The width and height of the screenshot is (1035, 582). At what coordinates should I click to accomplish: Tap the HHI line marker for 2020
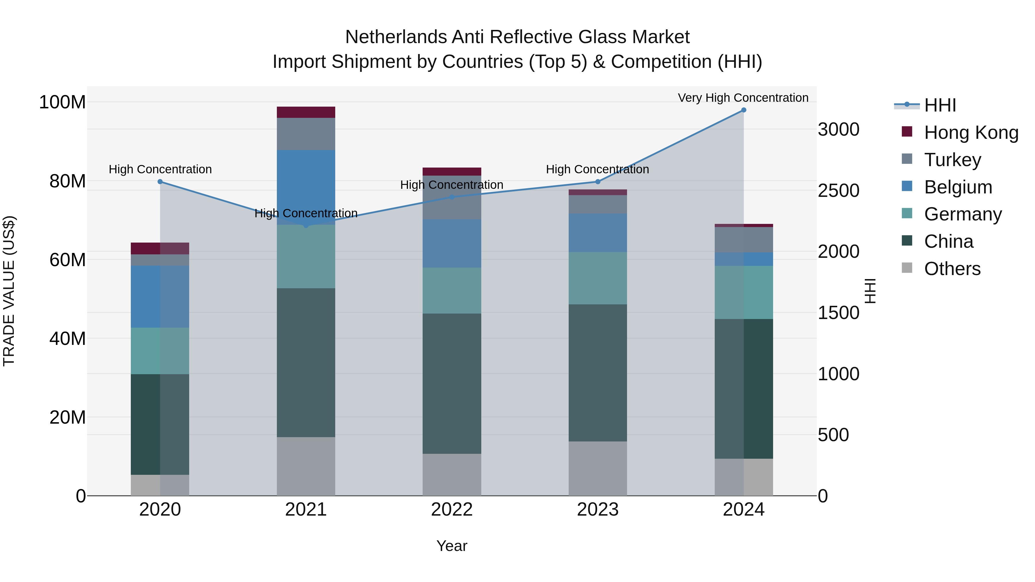(x=160, y=182)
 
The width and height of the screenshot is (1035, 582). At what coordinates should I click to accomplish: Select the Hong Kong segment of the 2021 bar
(x=306, y=112)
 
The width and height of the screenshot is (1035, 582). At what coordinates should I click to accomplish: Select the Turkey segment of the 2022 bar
(x=452, y=198)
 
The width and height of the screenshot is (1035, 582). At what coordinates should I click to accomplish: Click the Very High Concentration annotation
(x=743, y=98)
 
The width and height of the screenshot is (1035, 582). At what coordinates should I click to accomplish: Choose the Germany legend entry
(x=963, y=214)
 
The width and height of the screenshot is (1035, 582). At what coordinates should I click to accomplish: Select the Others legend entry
(x=952, y=269)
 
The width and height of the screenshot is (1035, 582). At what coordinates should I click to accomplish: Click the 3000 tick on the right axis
(x=839, y=130)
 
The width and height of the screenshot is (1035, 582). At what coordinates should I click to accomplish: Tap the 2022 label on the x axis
(x=452, y=510)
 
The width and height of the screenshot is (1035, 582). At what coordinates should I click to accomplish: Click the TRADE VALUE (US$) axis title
(x=9, y=291)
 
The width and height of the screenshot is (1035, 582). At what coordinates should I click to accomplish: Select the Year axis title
(x=452, y=546)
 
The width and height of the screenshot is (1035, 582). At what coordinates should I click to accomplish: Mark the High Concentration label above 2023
(x=597, y=169)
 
